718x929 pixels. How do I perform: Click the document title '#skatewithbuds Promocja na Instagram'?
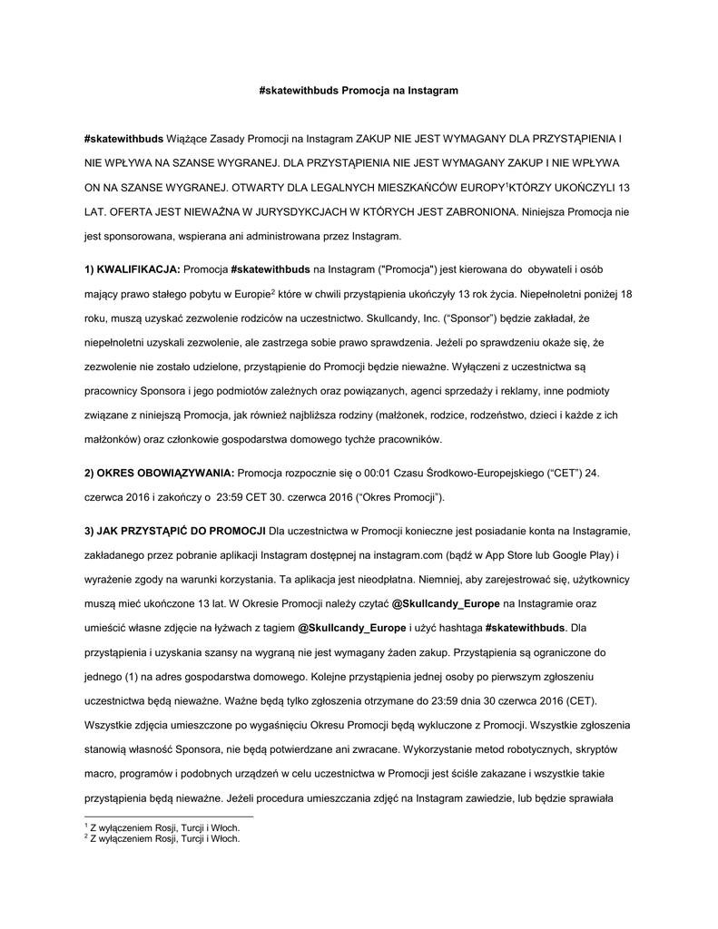[x=359, y=91]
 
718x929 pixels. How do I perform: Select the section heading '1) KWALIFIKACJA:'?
[x=133, y=269]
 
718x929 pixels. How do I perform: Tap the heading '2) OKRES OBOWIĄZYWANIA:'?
[x=159, y=474]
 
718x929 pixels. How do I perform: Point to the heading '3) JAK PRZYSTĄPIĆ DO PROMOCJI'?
[x=174, y=530]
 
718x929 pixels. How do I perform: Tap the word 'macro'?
[x=100, y=774]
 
